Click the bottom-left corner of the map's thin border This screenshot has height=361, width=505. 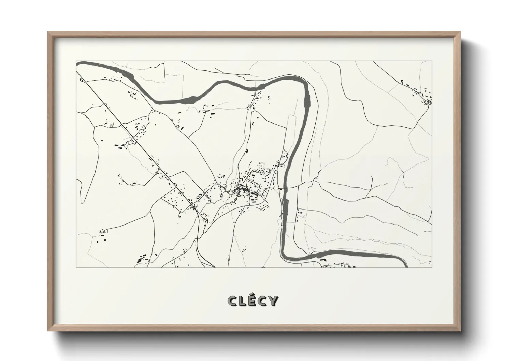coord(76,267)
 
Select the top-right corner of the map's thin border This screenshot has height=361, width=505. coord(432,61)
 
